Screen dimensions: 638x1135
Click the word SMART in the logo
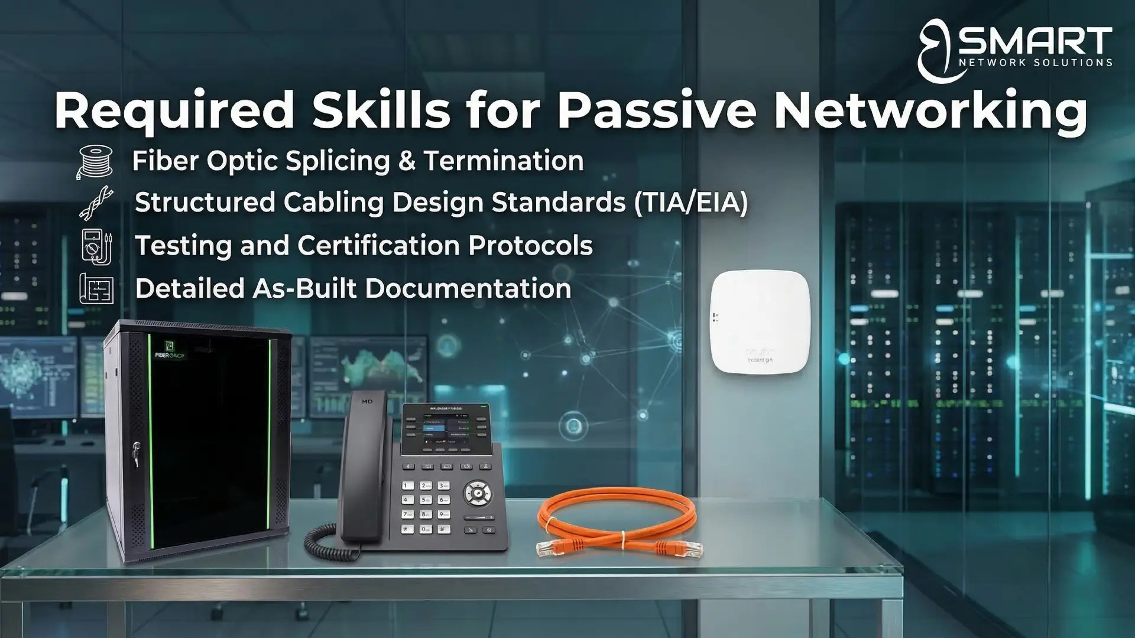(x=1035, y=41)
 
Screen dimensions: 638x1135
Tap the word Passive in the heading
(x=657, y=110)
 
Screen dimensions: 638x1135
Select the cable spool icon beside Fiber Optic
(x=95, y=161)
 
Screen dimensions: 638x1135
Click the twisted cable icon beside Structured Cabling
(x=96, y=203)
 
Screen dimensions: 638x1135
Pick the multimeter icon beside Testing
(x=96, y=246)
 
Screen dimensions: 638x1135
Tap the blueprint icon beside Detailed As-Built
(x=96, y=288)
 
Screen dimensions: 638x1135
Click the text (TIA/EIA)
(x=690, y=203)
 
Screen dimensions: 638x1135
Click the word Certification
(x=378, y=246)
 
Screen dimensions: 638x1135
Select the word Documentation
(x=468, y=289)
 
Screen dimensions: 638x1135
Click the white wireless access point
(x=760, y=322)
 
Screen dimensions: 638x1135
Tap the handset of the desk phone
(x=362, y=467)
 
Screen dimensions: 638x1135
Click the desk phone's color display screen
(x=446, y=429)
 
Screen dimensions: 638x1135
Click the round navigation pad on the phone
(x=476, y=493)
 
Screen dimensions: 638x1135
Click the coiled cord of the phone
(x=328, y=541)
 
